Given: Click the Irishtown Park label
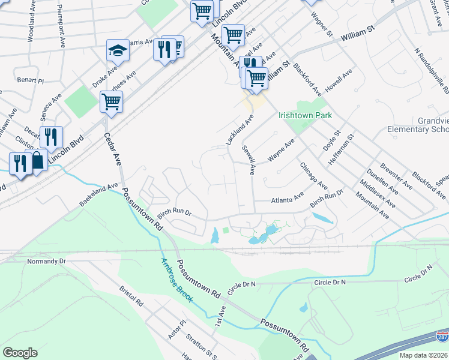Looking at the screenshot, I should point(305,115).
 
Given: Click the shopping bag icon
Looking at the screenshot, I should point(38,160).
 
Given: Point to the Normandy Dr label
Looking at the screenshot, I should point(46,262).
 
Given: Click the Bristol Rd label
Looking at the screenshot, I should point(131,298).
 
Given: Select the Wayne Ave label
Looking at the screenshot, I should point(281,150).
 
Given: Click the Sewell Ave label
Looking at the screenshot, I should point(249,160).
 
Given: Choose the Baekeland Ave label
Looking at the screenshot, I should point(99,196).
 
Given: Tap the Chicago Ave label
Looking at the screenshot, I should point(313,175).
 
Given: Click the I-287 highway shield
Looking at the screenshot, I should point(442,337).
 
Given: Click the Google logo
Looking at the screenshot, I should point(20,353).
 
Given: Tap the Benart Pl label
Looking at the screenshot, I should point(31,80).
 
